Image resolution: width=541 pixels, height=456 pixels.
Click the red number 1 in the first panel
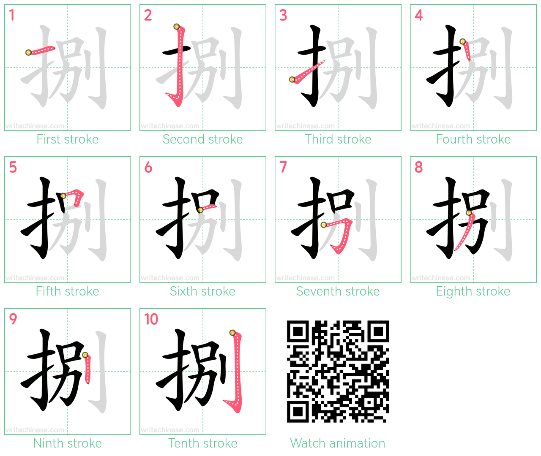coord(11,15)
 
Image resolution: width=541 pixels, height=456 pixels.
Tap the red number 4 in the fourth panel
coord(419,15)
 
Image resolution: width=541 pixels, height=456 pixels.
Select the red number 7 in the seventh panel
coord(283,167)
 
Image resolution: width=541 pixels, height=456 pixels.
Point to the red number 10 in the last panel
coord(151,319)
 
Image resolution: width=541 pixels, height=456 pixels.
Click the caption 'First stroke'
coord(68,139)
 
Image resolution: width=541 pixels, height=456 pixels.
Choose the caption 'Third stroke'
coord(338,139)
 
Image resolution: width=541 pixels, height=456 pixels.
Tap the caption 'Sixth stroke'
coord(202,291)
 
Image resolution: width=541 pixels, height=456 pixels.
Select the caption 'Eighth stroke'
coord(473,291)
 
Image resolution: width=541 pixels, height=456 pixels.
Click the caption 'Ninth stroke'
coord(68,443)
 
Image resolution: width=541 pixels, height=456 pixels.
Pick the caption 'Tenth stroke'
coord(202,443)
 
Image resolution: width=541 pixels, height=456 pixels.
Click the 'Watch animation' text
coord(338,443)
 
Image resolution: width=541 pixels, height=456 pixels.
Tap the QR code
coord(338,372)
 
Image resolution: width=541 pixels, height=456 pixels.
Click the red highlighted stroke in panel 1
coord(41,50)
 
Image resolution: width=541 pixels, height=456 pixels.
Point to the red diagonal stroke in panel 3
coord(307,72)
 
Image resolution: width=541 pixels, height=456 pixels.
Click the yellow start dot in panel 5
coord(63,196)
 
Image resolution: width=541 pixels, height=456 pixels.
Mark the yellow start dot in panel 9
coord(85,355)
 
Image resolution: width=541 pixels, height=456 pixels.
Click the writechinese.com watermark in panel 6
coord(170,278)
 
